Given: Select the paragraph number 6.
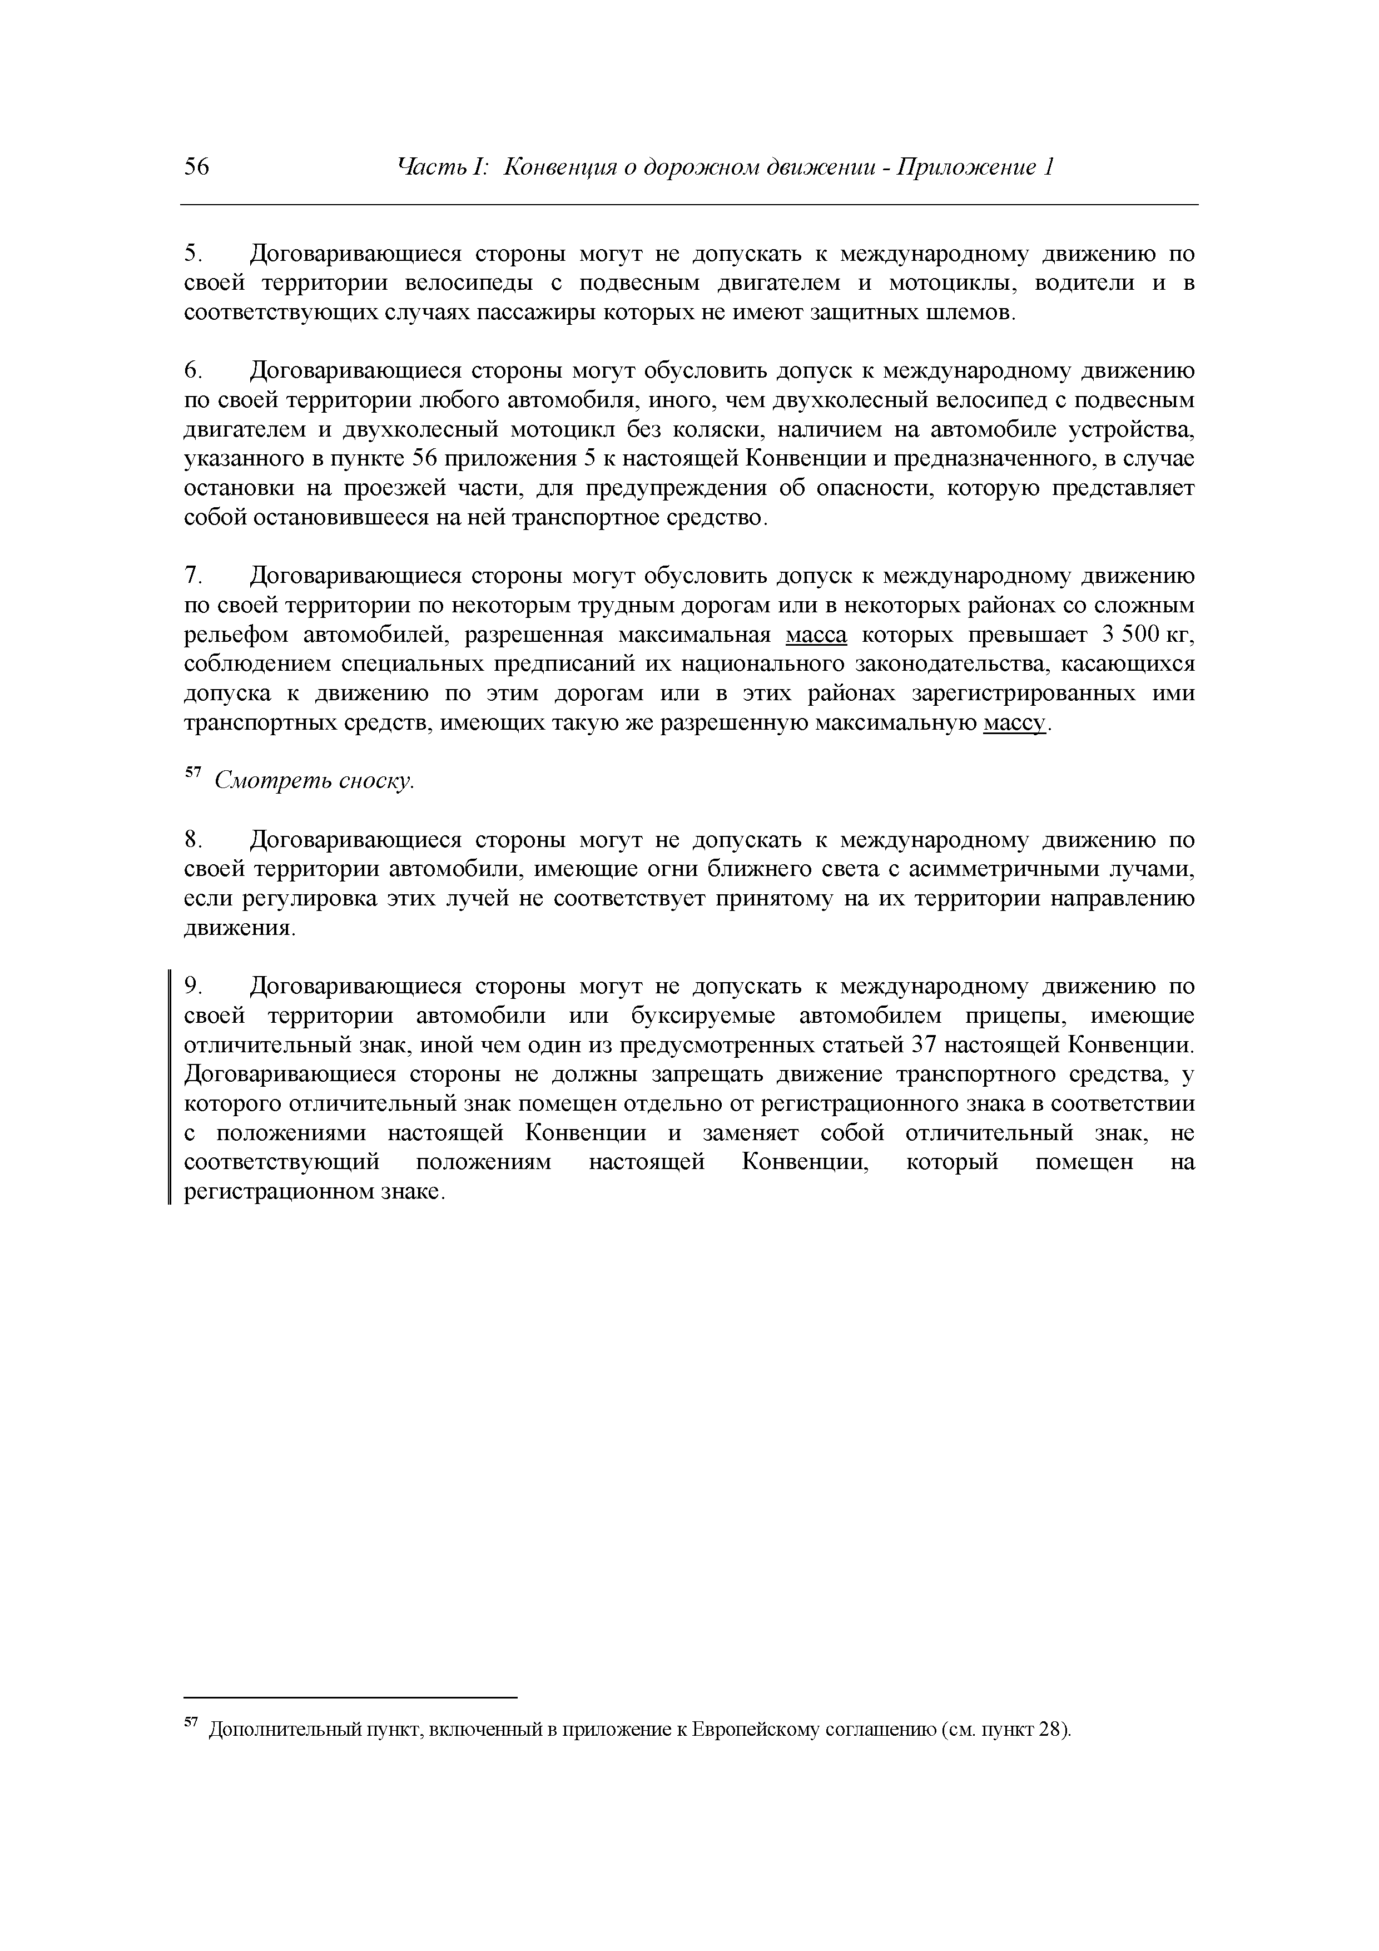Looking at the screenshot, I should pyautogui.click(x=193, y=372).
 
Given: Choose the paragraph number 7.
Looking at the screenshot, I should pyautogui.click(x=193, y=577).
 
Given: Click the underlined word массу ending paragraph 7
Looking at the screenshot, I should pyautogui.click(x=1014, y=724).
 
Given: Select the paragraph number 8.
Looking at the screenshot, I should pyautogui.click(x=193, y=840).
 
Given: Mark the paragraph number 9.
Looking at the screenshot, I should pyautogui.click(x=193, y=987).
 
